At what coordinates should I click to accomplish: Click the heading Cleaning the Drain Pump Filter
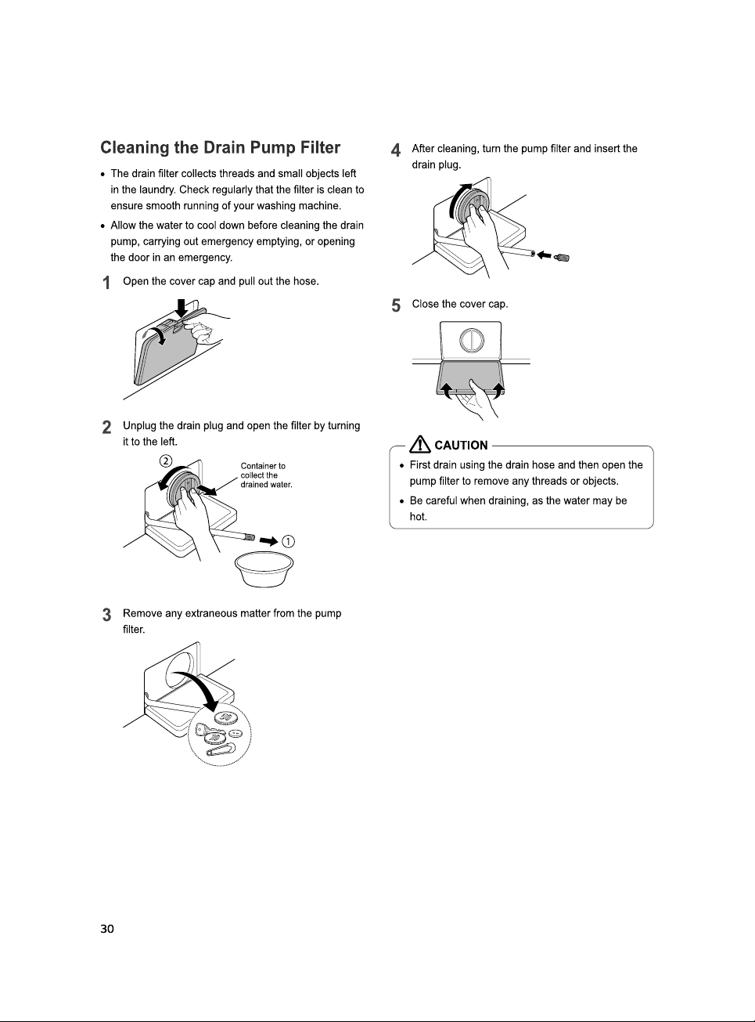[x=220, y=147]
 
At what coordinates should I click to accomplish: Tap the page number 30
[x=107, y=929]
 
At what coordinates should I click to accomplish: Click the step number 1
[x=106, y=283]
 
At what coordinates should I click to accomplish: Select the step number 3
[x=106, y=615]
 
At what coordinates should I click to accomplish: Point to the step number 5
[x=396, y=305]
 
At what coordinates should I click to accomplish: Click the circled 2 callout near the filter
[x=165, y=460]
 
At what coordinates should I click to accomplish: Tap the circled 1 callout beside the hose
[x=288, y=541]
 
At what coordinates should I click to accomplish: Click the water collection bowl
[x=264, y=569]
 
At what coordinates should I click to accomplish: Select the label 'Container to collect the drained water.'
[x=266, y=475]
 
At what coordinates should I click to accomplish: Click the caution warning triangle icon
[x=420, y=444]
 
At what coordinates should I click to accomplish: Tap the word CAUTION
[x=461, y=445]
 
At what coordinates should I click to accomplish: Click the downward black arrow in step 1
[x=182, y=308]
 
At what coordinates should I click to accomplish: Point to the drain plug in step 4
[x=562, y=257]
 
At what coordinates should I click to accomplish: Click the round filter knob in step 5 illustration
[x=472, y=340]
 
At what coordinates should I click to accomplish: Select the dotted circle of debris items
[x=220, y=735]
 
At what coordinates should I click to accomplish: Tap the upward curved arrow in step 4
[x=457, y=199]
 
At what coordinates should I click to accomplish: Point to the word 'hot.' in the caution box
[x=418, y=517]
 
